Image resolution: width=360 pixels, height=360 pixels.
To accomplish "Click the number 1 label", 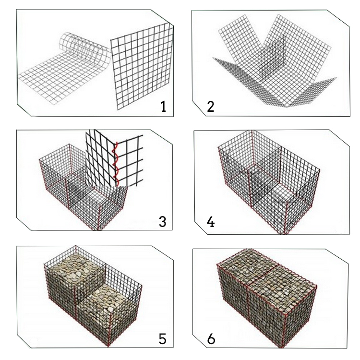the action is tap(163, 107).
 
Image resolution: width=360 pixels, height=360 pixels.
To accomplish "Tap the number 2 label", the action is tap(210, 107).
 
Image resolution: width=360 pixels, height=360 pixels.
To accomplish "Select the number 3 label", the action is tap(162, 222).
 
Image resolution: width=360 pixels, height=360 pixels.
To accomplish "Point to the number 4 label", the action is tap(211, 222).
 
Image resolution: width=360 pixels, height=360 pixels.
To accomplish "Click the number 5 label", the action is tap(162, 339).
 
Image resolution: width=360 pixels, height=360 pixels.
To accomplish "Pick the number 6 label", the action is tap(211, 339).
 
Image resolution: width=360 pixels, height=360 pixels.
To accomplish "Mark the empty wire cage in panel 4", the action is tap(269, 181).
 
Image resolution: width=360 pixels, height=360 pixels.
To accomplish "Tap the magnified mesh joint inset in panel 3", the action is tap(114, 158).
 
